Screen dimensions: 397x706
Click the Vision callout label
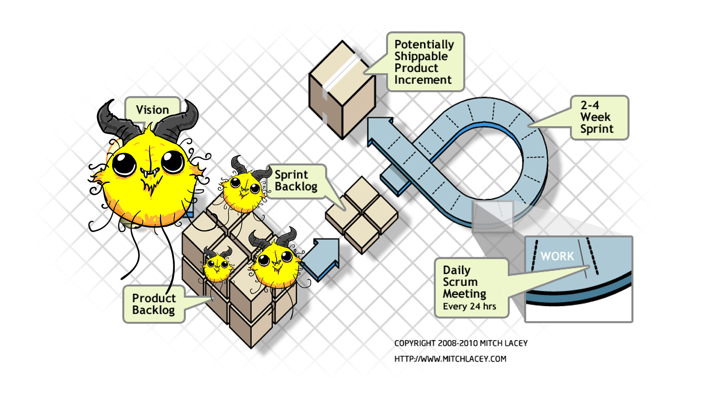click(x=152, y=109)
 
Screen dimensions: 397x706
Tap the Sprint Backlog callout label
click(x=296, y=181)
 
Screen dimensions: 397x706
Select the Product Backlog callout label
click(x=154, y=304)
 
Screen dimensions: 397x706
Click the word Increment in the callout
click(x=423, y=80)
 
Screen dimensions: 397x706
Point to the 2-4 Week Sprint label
click(x=597, y=117)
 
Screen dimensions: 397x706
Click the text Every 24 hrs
click(x=469, y=306)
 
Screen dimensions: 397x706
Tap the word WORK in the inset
click(x=557, y=256)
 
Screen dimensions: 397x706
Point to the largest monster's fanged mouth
click(x=150, y=173)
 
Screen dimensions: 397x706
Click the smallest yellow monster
click(x=217, y=266)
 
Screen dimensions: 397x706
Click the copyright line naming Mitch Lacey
click(x=461, y=343)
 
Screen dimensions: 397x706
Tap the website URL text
click(x=450, y=359)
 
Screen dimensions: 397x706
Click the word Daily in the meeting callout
click(x=456, y=270)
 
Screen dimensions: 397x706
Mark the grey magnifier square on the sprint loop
click(x=492, y=217)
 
